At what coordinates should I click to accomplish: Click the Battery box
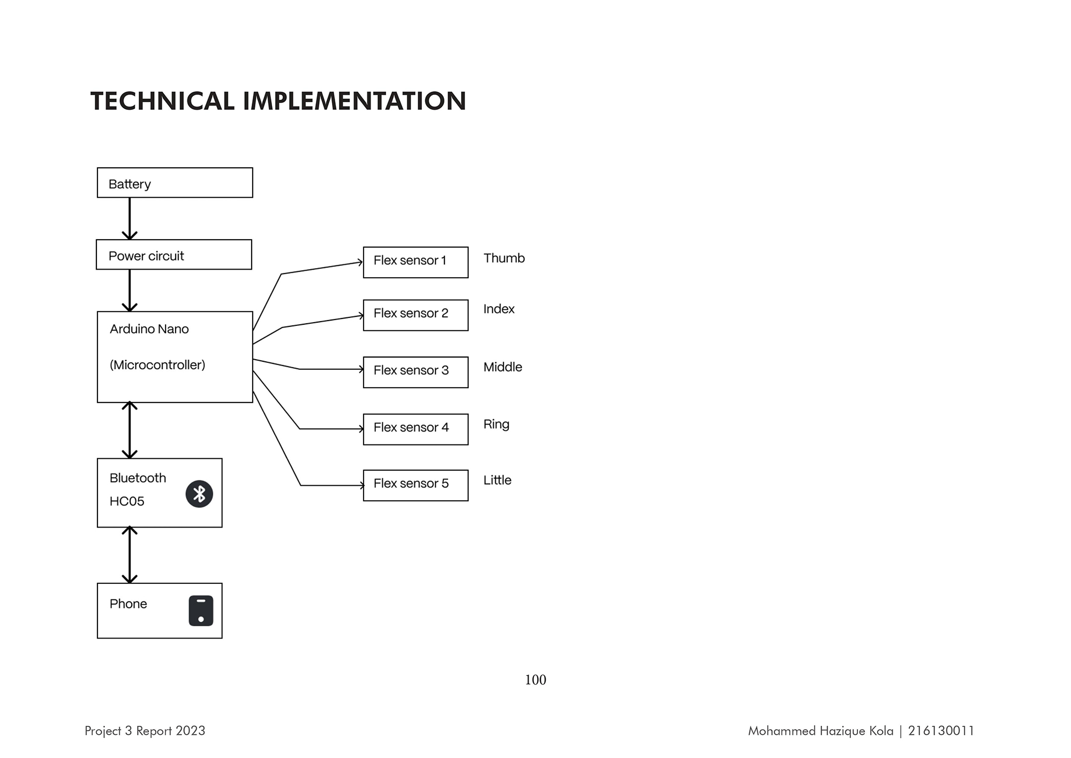pos(175,183)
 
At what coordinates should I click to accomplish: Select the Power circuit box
pos(174,255)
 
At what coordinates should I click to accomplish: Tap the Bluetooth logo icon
pos(199,494)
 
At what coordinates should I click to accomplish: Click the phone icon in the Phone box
pos(201,611)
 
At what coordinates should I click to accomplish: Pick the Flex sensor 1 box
pos(416,262)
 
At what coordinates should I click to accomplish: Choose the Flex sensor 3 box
pos(416,372)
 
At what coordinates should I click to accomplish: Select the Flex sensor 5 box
pos(416,485)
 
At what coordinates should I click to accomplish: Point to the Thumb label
pos(504,258)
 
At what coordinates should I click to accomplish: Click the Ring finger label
pos(496,425)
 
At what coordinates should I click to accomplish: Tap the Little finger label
pos(497,480)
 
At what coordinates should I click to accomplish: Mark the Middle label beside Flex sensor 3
pos(503,367)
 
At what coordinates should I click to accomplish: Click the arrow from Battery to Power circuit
pos(130,219)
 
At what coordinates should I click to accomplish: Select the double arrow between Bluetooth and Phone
pos(130,555)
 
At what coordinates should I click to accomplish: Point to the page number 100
pos(535,680)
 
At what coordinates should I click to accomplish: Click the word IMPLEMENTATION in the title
pos(355,101)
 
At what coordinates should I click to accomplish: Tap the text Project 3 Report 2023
pos(145,731)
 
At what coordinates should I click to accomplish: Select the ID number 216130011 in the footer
pos(941,731)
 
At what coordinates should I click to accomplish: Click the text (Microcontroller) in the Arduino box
pos(157,365)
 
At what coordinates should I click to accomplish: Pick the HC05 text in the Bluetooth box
pos(127,501)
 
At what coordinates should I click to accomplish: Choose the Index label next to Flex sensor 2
pos(499,309)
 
